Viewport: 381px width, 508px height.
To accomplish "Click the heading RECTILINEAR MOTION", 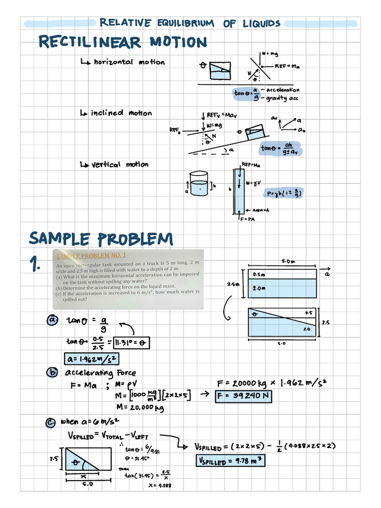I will (x=123, y=42).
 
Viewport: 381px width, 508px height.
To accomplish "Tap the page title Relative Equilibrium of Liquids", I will (x=190, y=23).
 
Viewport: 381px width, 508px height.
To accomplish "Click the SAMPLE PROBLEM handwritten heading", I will (x=101, y=239).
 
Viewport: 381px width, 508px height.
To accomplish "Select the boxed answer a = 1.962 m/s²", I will (x=92, y=359).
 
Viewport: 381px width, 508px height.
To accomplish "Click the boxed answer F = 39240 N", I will (x=244, y=396).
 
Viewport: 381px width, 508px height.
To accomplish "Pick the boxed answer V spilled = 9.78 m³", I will (x=230, y=461).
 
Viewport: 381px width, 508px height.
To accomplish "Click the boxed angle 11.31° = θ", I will (x=131, y=342).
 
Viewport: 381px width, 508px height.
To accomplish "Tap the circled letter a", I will (x=53, y=320).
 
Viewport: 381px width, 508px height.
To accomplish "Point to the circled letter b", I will (x=53, y=373).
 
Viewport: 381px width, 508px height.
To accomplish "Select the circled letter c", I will (x=53, y=422).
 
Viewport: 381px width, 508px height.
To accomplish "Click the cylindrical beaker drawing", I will (x=198, y=184).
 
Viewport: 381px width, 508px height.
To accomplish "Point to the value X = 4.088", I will (x=160, y=485).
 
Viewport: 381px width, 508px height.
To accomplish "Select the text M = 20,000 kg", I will (x=139, y=408).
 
